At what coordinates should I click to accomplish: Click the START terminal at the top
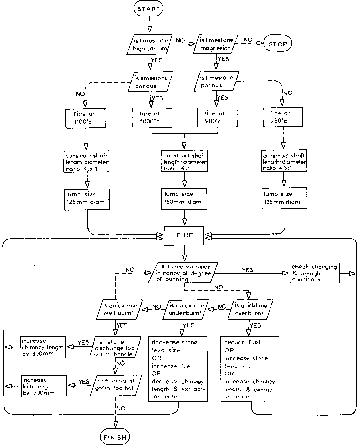coord(149,9)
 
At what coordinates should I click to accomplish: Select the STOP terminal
coord(277,44)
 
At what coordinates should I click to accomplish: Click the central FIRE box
coord(185,235)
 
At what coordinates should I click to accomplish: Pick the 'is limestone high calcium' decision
coord(149,44)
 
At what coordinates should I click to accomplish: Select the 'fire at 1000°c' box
coord(151,117)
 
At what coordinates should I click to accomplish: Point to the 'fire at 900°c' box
coord(217,117)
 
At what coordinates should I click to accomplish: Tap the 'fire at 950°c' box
coord(283,117)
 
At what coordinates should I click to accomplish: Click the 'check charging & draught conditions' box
coord(314,273)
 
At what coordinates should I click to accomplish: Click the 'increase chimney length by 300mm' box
coord(42,347)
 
